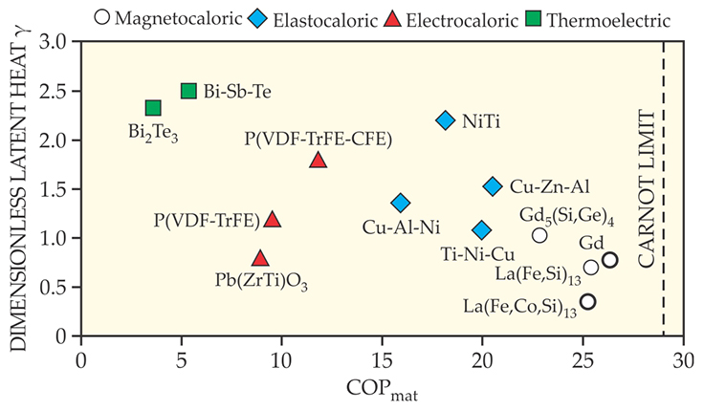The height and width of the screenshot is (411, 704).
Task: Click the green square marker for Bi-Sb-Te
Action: tap(188, 91)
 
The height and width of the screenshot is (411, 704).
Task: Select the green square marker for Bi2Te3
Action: tap(153, 108)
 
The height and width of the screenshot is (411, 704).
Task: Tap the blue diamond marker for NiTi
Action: tap(445, 120)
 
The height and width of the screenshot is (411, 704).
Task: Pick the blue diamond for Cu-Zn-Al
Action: tap(493, 186)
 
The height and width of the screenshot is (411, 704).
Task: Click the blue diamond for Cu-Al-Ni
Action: tap(401, 203)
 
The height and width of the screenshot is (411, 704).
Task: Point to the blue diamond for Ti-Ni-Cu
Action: tap(482, 230)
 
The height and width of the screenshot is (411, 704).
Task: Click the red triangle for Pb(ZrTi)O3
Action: tap(260, 258)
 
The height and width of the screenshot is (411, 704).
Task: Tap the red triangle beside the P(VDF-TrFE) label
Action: tap(273, 220)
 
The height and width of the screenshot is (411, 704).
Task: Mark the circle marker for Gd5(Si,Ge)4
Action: tap(539, 235)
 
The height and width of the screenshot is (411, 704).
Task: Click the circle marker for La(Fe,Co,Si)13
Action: tap(588, 301)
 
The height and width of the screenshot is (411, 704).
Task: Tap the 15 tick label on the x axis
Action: tap(383, 363)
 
